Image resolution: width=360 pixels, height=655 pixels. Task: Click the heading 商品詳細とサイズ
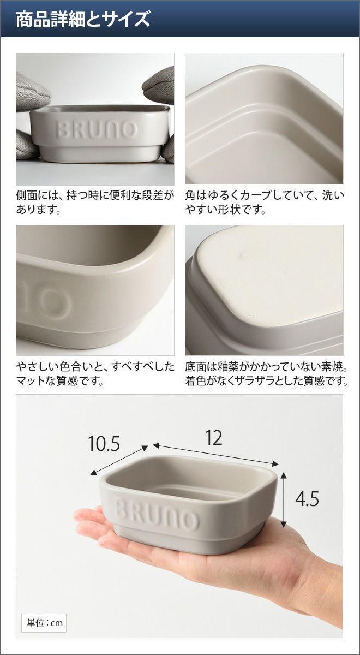point(83,19)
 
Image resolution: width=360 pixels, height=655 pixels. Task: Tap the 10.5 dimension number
point(104,443)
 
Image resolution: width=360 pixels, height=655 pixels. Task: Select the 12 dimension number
point(214,438)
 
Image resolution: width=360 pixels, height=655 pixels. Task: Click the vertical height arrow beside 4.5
point(284,499)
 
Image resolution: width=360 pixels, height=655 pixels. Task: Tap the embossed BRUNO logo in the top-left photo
point(97,129)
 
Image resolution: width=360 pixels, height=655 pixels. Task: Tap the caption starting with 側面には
point(95,202)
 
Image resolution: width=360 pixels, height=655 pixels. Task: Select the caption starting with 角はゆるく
point(265,202)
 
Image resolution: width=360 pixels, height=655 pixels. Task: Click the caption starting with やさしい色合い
point(95,373)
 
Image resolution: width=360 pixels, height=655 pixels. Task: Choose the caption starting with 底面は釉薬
point(267,373)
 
